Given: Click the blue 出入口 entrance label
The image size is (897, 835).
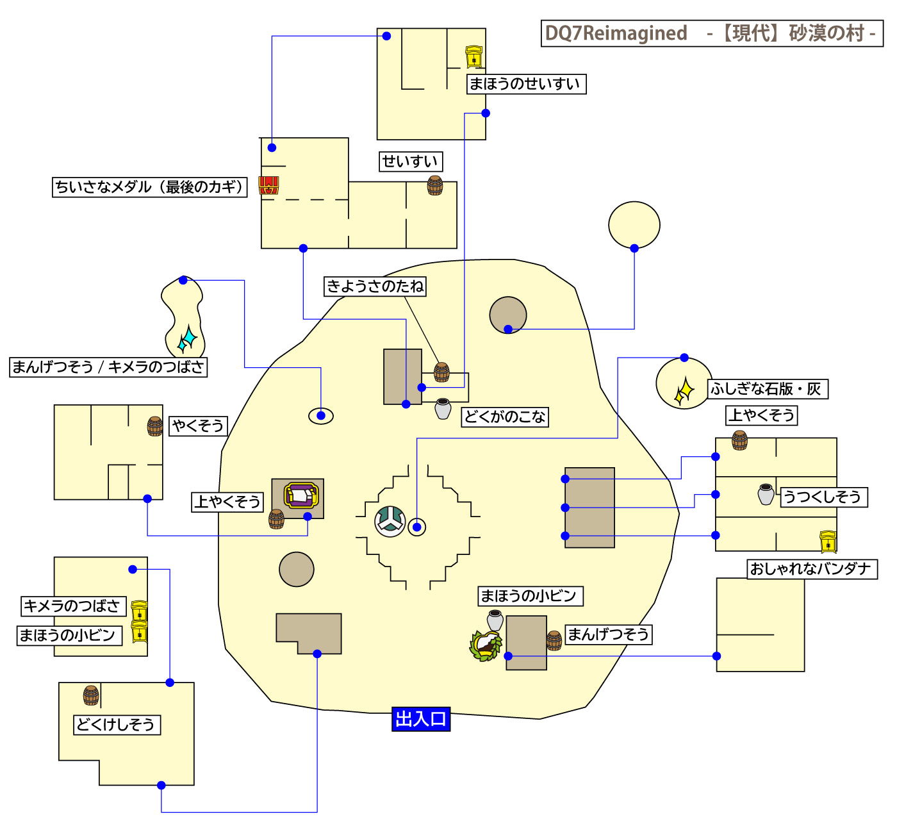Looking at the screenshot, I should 421,719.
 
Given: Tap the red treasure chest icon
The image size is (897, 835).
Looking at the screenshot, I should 268,186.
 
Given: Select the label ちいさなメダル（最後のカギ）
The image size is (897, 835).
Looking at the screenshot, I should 149,187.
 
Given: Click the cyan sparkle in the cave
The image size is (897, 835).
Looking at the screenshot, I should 187,339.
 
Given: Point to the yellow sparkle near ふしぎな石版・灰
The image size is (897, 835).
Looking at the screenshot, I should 684,390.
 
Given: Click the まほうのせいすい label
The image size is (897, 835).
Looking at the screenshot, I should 526,84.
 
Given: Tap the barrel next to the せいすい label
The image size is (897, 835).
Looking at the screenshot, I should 435,185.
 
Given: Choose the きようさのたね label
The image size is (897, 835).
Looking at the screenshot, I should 375,286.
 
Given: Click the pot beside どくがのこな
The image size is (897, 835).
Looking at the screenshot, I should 443,409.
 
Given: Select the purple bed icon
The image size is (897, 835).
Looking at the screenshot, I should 301,495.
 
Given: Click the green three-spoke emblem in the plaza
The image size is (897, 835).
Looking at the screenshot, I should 390,521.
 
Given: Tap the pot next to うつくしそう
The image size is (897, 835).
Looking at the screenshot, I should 766,494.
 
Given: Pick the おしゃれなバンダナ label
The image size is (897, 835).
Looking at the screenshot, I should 812,569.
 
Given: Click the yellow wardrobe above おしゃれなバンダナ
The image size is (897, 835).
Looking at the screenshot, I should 828,542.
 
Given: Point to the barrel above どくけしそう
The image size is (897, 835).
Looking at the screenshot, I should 92,695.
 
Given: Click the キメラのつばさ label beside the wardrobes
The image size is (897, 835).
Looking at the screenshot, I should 72,606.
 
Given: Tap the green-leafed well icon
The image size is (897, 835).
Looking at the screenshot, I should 486,645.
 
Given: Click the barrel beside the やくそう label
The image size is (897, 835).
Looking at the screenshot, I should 155,426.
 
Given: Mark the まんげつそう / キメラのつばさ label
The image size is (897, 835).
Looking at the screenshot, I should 108,367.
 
